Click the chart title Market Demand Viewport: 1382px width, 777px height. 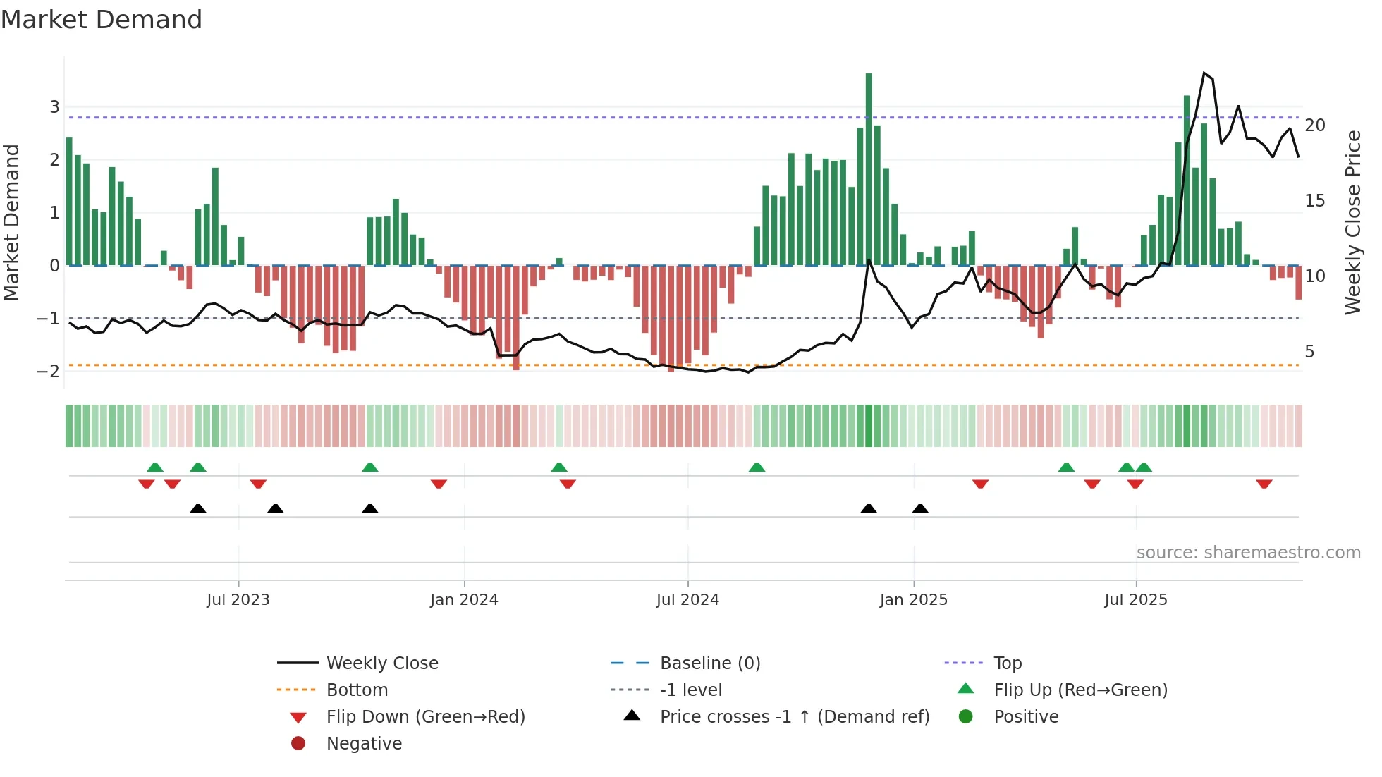pos(102,20)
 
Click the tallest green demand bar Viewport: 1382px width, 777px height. pos(869,169)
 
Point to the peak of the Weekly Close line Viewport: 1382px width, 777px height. pos(1204,73)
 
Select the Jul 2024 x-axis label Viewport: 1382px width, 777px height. pos(687,600)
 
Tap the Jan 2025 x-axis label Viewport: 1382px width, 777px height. pos(913,600)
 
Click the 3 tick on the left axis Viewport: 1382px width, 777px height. pos(54,107)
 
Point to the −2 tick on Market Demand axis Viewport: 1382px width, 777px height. pos(49,372)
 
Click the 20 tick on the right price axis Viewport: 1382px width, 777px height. pos(1315,126)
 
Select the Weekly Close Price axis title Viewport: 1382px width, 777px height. pos(1352,222)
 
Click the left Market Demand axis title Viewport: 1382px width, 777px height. pos(12,222)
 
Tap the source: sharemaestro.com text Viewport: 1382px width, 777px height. pos(1248,553)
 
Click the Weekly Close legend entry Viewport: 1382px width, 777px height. pos(381,663)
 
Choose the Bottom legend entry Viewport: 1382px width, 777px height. pos(357,690)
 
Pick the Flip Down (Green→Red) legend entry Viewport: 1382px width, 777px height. pos(425,717)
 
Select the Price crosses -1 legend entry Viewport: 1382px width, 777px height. pos(794,717)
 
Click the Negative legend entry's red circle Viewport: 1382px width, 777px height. pos(298,744)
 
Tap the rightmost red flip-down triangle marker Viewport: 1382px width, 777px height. pos(1264,484)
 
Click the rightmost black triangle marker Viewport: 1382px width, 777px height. pos(920,508)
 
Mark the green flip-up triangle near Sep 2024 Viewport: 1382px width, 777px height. pos(757,467)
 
